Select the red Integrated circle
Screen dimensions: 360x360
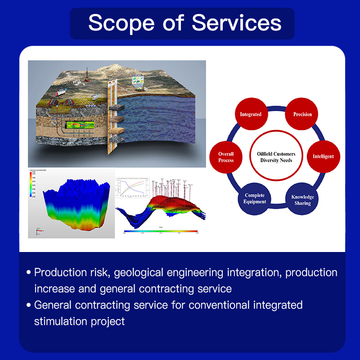coord(250,114)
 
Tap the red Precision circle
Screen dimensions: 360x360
coord(302,114)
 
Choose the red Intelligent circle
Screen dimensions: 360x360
coord(323,157)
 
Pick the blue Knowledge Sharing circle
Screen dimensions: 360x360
coord(302,200)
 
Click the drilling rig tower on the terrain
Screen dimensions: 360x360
coord(87,74)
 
